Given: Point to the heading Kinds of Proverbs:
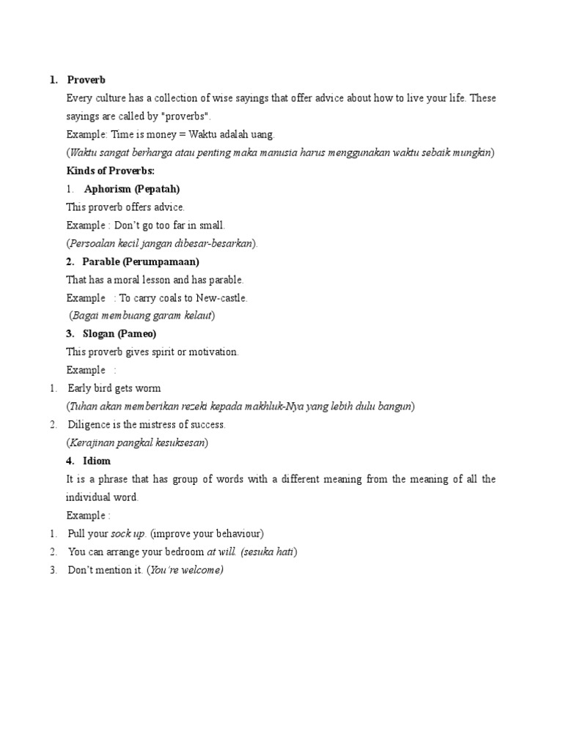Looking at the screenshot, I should (110, 171).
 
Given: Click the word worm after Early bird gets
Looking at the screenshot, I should (149, 388).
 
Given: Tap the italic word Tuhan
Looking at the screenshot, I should (84, 406).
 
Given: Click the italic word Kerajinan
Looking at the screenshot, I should (92, 443).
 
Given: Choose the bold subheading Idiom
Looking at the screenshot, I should (97, 461).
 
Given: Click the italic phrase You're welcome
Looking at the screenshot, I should (185, 570).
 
